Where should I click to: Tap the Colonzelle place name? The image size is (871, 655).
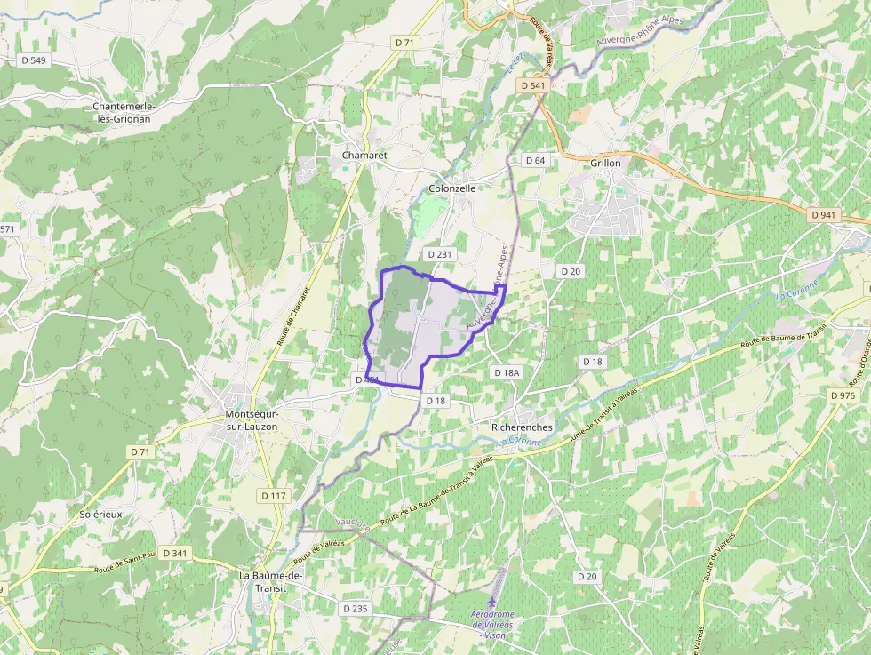pyautogui.click(x=452, y=188)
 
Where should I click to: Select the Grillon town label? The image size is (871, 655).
pyautogui.click(x=605, y=164)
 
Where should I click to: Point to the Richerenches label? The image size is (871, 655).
pyautogui.click(x=522, y=427)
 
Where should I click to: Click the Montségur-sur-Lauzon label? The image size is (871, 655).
pyautogui.click(x=252, y=420)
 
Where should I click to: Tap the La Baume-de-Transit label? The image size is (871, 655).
pyautogui.click(x=270, y=581)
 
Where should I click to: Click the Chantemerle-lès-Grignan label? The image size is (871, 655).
pyautogui.click(x=124, y=112)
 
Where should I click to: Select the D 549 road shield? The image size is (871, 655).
pyautogui.click(x=33, y=60)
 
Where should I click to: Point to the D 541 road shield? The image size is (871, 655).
pyautogui.click(x=531, y=85)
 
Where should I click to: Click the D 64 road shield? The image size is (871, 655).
pyautogui.click(x=535, y=160)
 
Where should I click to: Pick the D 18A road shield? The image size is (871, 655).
pyautogui.click(x=506, y=373)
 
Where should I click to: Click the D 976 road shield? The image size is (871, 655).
pyautogui.click(x=842, y=395)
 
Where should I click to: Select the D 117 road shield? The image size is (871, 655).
pyautogui.click(x=275, y=495)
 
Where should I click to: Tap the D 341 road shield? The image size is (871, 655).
pyautogui.click(x=175, y=553)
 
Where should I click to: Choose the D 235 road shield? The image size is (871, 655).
pyautogui.click(x=354, y=608)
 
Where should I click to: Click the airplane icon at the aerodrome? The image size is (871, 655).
pyautogui.click(x=493, y=601)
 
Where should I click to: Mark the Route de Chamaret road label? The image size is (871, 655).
pyautogui.click(x=293, y=316)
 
